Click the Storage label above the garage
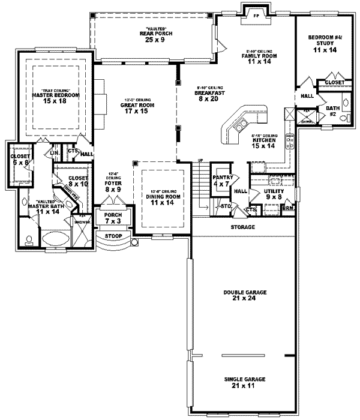[x=243, y=228]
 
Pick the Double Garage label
[x=242, y=292]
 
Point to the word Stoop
[x=114, y=236]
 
